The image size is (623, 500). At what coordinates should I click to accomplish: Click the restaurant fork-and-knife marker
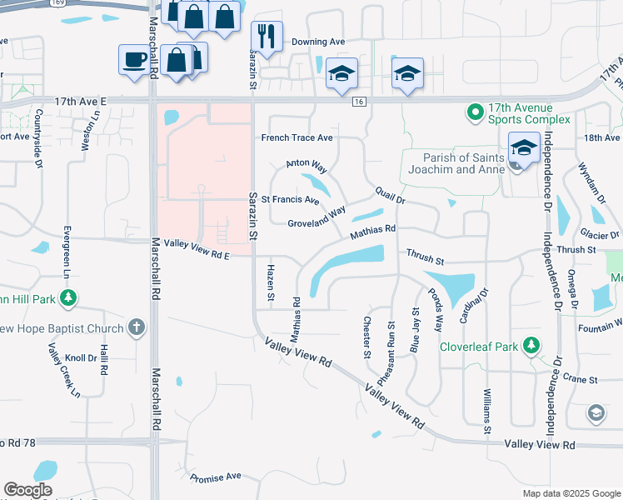(267, 36)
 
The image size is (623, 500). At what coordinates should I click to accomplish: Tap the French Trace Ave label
(297, 137)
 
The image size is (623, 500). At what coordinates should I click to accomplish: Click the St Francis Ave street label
(290, 200)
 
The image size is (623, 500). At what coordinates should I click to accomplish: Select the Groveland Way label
(316, 218)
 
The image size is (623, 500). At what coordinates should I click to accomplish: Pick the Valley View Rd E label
(197, 243)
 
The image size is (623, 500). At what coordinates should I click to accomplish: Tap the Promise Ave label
(215, 477)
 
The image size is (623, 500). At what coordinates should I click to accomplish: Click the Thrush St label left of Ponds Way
(426, 252)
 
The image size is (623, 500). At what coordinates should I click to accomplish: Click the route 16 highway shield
(359, 101)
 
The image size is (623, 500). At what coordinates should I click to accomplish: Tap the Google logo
(27, 490)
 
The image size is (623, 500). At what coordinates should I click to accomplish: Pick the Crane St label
(581, 377)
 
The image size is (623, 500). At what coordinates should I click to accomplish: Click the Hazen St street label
(270, 282)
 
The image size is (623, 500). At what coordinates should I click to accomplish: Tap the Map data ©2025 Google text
(571, 493)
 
